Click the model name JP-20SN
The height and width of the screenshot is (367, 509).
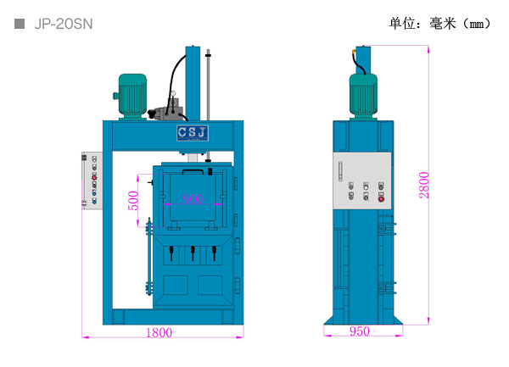click(63, 24)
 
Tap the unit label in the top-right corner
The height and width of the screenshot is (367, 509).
click(439, 23)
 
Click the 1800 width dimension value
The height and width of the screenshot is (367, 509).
click(158, 332)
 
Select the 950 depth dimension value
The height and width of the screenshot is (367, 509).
click(359, 331)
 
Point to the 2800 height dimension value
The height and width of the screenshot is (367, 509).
click(424, 184)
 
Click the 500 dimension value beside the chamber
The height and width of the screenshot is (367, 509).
click(132, 200)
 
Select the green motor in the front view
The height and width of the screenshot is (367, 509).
click(132, 93)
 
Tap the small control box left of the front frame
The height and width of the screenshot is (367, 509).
click(88, 179)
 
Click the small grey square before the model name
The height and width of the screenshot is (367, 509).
click(20, 24)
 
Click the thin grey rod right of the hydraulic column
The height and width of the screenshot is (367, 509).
click(208, 85)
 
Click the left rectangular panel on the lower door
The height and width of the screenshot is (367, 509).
click(175, 285)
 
